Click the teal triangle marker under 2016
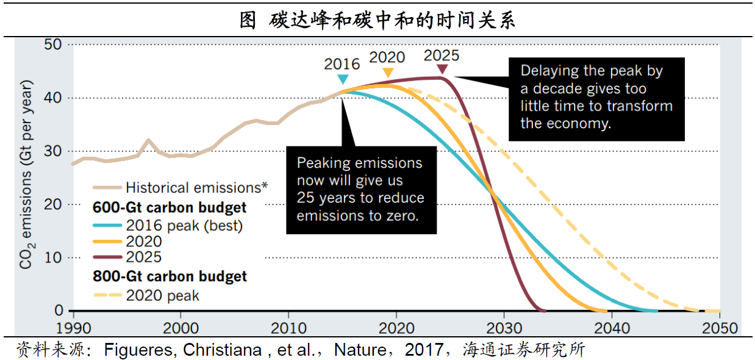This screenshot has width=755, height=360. (343, 79)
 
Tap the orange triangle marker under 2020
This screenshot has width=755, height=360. (387, 73)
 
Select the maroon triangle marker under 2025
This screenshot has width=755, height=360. (442, 70)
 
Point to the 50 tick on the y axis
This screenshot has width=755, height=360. (53, 45)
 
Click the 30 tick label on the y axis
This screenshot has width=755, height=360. (53, 151)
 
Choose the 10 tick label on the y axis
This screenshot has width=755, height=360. (53, 257)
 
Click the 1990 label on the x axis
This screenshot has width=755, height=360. (73, 326)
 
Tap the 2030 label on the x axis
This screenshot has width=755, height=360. (504, 326)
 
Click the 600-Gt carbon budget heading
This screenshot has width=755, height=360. (170, 207)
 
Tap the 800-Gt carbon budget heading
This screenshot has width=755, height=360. (170, 276)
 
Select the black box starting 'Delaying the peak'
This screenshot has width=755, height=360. (596, 98)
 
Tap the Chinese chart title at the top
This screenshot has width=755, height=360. (377, 20)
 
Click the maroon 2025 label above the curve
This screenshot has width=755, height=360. (442, 56)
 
